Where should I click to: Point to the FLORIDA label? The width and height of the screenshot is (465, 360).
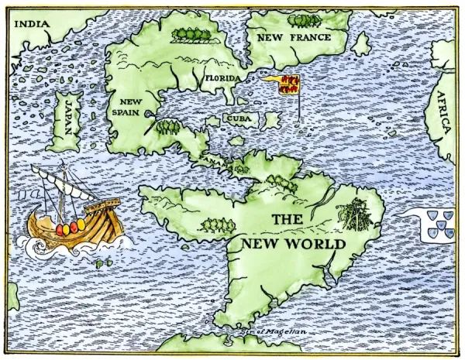point(223,78)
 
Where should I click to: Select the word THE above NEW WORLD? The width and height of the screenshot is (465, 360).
point(287,220)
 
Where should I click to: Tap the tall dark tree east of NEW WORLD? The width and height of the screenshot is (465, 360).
point(356,212)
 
